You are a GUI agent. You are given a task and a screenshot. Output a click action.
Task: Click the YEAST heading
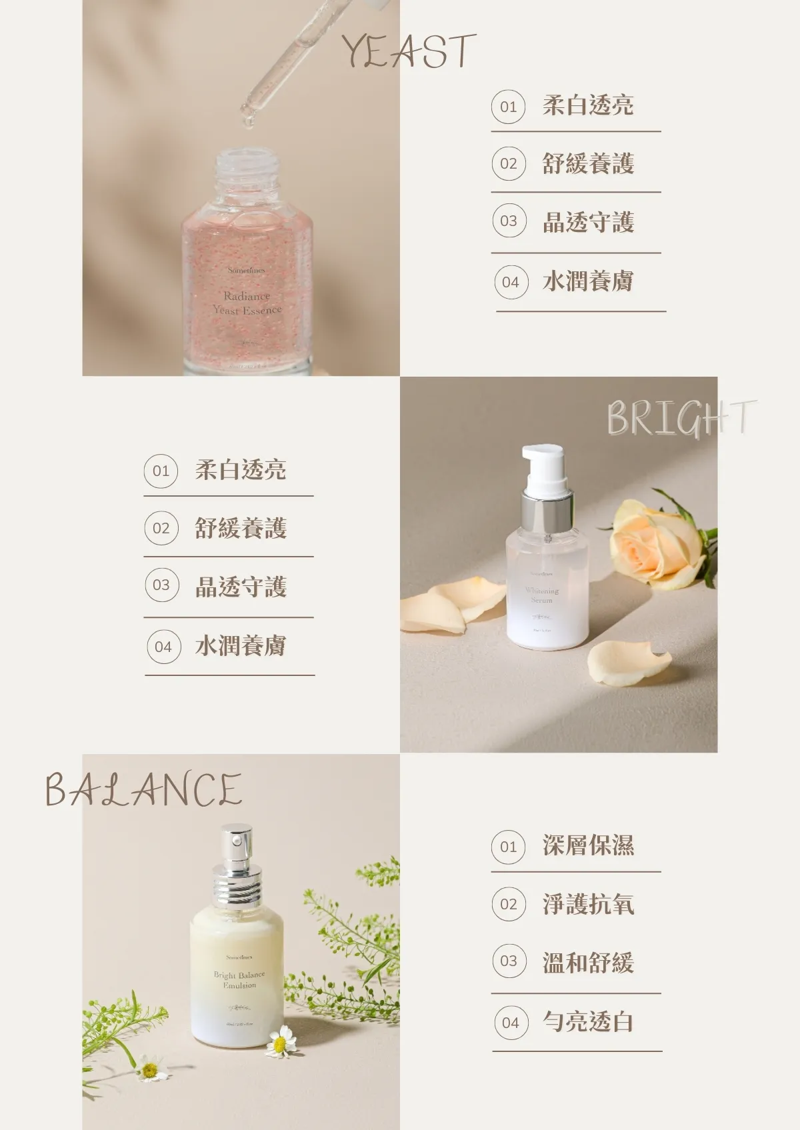click(x=409, y=51)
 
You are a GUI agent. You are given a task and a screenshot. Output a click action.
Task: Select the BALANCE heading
click(x=143, y=790)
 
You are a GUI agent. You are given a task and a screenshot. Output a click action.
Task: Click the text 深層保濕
click(x=588, y=845)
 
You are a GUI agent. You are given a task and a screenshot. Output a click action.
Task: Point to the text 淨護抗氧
click(x=588, y=904)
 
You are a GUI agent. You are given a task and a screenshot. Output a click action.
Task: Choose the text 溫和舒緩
click(x=588, y=963)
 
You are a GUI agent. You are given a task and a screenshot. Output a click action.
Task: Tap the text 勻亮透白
click(x=588, y=1021)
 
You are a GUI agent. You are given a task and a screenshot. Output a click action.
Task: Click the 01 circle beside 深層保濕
click(x=509, y=847)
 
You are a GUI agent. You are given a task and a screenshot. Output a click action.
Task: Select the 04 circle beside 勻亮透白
click(x=511, y=1023)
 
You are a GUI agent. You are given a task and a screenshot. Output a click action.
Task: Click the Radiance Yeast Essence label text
click(x=247, y=303)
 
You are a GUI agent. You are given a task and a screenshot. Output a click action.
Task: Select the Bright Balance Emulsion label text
click(x=239, y=979)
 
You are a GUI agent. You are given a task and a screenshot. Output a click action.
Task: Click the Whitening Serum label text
click(x=541, y=595)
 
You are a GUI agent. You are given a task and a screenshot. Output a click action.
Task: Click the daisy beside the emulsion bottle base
click(x=281, y=1041)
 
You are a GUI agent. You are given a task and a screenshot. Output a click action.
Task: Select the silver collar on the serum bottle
click(x=547, y=512)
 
